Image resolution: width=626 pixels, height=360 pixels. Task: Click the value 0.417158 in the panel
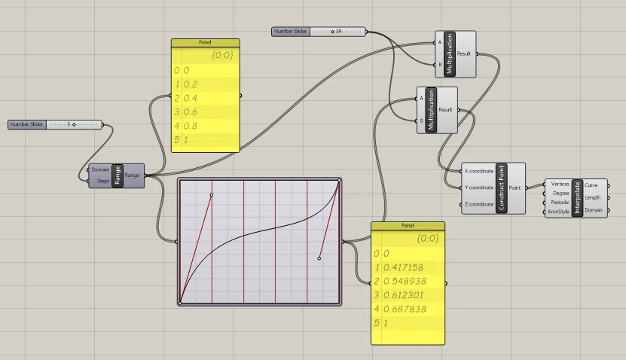click(403, 267)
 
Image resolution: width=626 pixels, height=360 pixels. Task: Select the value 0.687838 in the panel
click(405, 309)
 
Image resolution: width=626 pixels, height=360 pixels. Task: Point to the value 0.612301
click(403, 295)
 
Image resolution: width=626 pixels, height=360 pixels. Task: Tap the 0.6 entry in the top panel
click(190, 112)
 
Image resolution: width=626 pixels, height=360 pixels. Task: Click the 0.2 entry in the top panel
click(190, 84)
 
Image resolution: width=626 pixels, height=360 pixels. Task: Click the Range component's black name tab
click(118, 175)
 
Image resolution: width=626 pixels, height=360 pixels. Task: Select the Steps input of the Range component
click(103, 181)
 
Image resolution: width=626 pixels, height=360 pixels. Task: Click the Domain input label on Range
click(100, 169)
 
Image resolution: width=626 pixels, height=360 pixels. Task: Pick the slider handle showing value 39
click(332, 32)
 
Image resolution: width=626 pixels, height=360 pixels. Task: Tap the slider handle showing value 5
click(74, 124)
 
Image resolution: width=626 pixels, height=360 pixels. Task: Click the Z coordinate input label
click(479, 204)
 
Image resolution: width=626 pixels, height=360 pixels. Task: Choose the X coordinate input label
click(479, 171)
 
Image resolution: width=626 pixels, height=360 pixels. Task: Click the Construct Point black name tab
click(502, 188)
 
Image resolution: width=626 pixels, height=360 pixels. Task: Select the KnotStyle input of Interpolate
click(558, 212)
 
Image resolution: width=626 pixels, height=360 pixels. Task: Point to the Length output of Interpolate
click(592, 197)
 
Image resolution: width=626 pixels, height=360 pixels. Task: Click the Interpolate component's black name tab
click(577, 198)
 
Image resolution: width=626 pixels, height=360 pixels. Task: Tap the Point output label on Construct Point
click(515, 188)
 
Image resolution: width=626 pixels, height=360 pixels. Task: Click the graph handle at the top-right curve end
click(339, 181)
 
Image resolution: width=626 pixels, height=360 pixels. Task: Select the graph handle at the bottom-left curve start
click(180, 304)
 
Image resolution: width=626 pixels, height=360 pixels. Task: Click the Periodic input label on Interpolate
click(560, 203)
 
